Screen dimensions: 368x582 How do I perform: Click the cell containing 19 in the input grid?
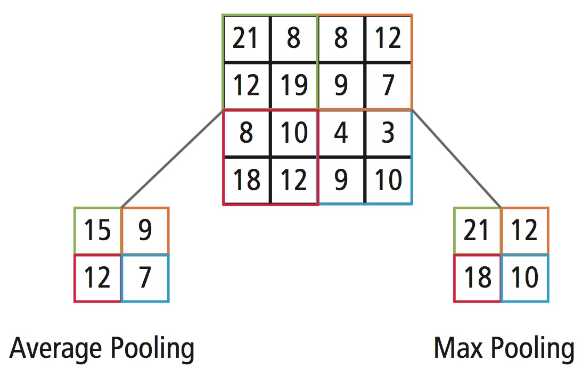[x=293, y=85]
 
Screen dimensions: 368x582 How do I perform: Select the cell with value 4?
[x=341, y=133]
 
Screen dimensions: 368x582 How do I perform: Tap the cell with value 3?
[x=388, y=133]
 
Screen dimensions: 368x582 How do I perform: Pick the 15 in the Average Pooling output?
[x=97, y=231]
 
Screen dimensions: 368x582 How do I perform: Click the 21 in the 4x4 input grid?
[x=246, y=39]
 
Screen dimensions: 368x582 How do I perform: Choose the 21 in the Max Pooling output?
[x=477, y=231]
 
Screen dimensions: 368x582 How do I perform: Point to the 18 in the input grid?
[x=246, y=180]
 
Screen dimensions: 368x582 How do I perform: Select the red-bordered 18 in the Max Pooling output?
[x=477, y=278]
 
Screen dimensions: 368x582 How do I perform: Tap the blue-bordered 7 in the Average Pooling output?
[x=145, y=278]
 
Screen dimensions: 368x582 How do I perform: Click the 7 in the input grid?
[x=388, y=85]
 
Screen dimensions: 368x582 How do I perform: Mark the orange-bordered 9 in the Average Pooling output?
[x=145, y=231]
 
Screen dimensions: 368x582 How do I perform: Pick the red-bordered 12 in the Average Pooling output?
[x=97, y=278]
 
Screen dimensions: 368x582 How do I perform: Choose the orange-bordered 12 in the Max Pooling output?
[x=524, y=231]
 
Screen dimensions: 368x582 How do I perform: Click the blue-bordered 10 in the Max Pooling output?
[x=524, y=278]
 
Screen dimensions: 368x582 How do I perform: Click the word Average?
[x=56, y=348]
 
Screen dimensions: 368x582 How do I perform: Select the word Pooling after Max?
[x=532, y=349]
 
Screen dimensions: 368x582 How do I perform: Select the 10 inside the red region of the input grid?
[x=293, y=133]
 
